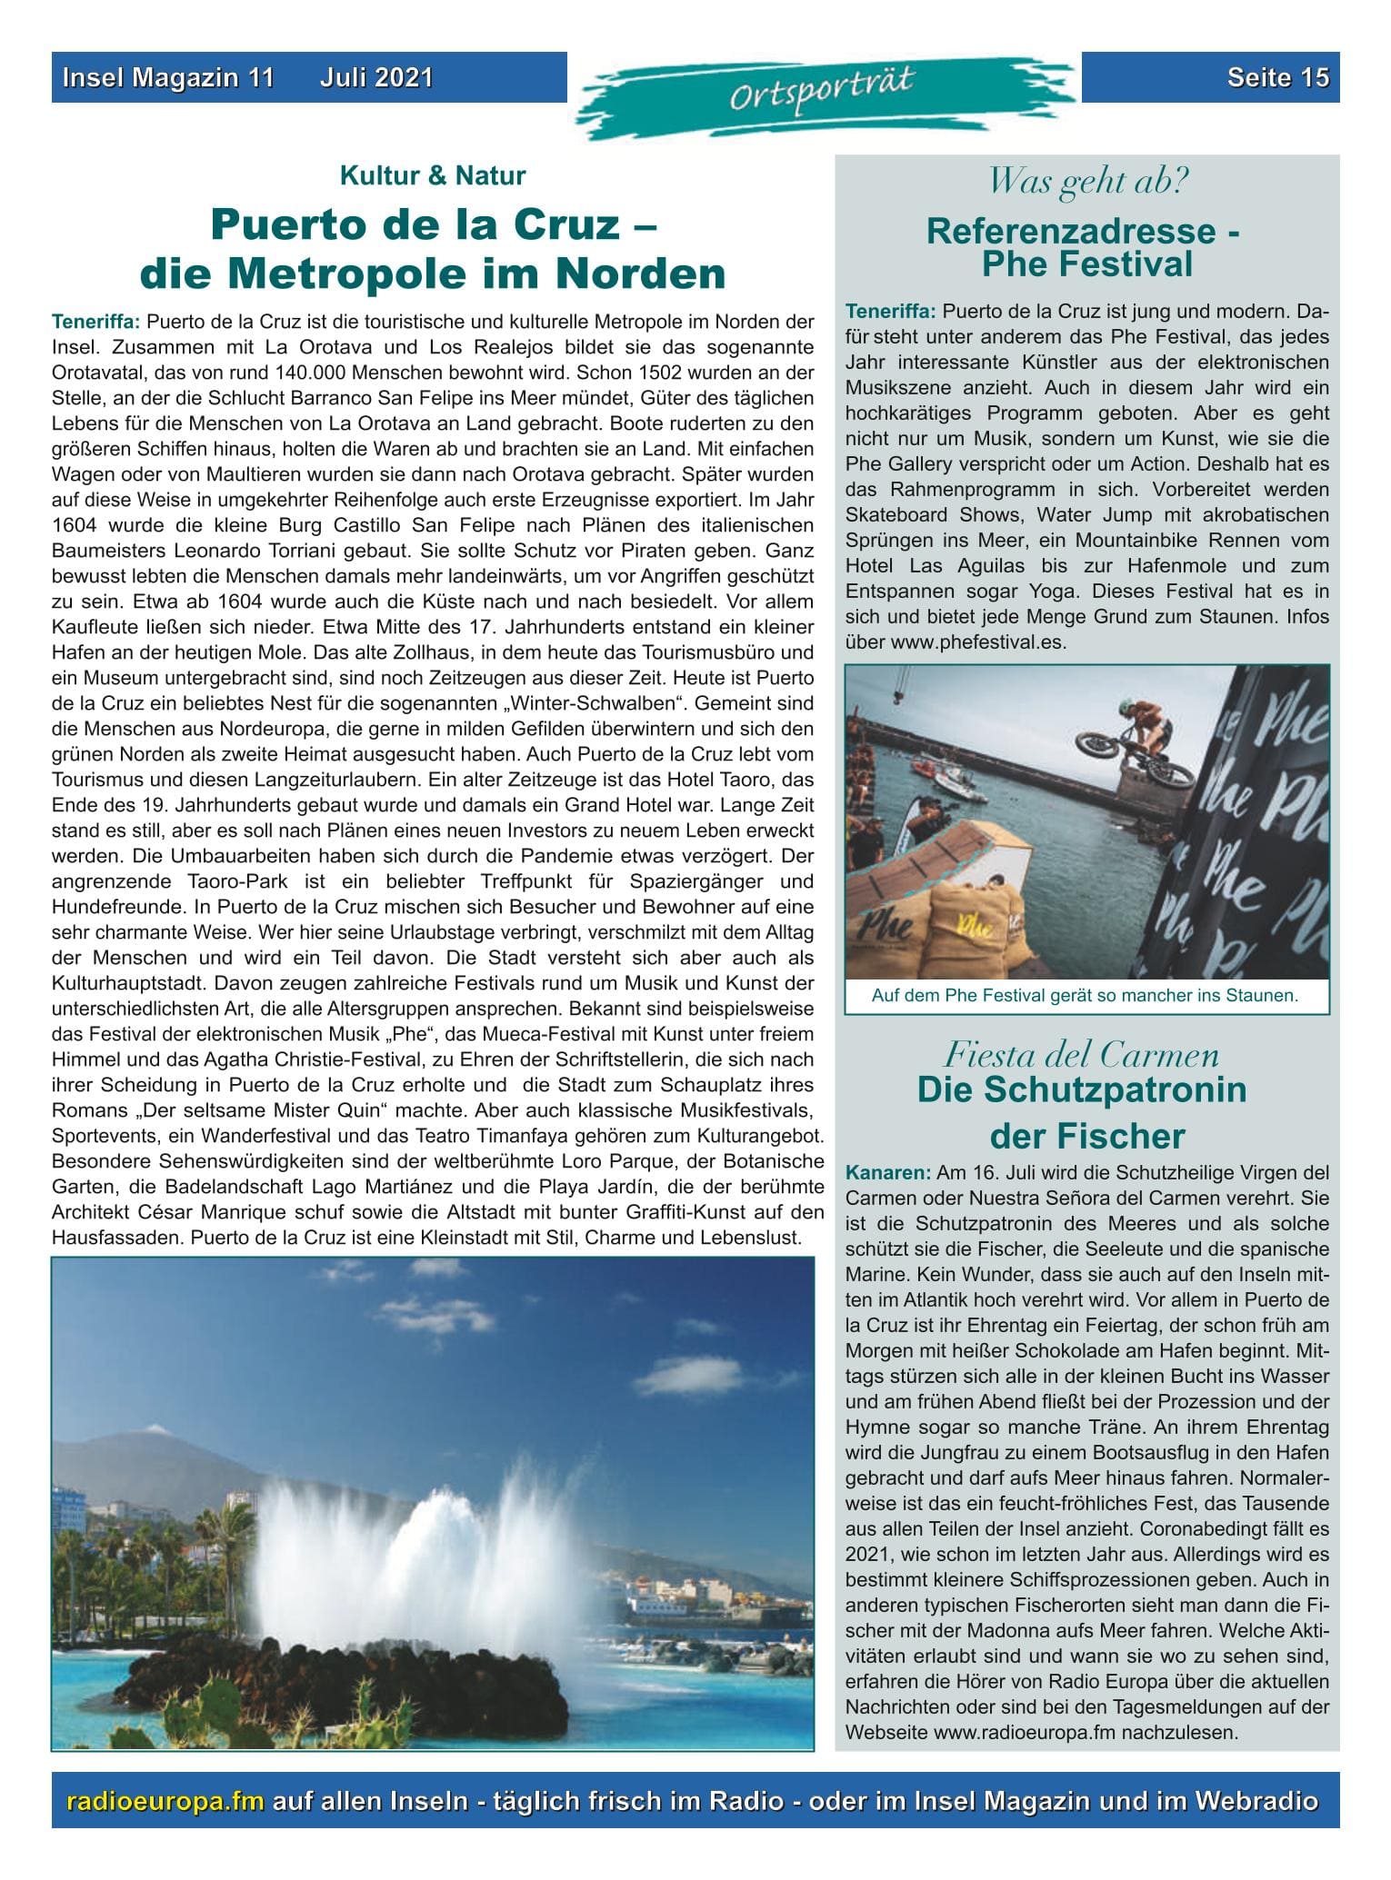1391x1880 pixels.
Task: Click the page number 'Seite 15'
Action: coord(1277,78)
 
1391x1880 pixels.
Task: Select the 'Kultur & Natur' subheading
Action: coord(432,175)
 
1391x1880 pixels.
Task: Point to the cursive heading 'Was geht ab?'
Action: coord(1087,182)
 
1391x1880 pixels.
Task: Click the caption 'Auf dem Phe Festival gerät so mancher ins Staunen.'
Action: coord(1085,995)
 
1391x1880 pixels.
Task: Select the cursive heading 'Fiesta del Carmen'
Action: coord(1081,1056)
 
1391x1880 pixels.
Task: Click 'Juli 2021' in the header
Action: coord(376,78)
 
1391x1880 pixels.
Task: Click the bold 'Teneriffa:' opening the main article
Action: coord(96,322)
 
